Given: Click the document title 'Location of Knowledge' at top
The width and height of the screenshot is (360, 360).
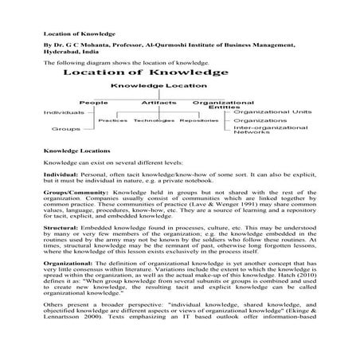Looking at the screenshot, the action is click(x=79, y=34).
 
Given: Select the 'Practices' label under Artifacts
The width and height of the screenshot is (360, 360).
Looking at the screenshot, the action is click(x=114, y=121).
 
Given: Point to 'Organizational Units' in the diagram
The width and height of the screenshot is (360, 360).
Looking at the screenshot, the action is click(x=266, y=112).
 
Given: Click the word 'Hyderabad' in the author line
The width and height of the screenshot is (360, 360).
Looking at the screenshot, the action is click(x=64, y=54).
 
